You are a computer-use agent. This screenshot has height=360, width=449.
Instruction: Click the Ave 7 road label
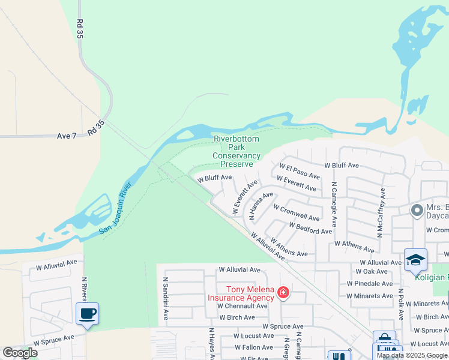pos(67,136)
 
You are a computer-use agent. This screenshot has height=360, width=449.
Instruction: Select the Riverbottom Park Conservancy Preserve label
pos(237,151)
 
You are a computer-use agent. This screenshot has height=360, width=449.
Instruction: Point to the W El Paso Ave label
pos(300,172)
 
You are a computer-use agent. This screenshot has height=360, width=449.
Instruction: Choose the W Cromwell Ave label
pos(296,212)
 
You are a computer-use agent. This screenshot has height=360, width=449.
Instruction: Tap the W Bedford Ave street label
pos(310,229)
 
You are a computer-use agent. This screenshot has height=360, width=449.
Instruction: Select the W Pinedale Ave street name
pos(370,284)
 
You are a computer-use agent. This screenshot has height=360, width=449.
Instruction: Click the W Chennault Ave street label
pos(243,306)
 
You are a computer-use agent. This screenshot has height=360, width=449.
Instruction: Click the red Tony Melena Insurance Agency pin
pos(283,293)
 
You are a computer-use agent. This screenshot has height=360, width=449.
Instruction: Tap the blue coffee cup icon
pos(87,313)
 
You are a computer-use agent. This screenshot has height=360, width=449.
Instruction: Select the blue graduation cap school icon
pos(415,259)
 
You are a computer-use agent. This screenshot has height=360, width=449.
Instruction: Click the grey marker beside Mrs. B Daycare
pos(416,211)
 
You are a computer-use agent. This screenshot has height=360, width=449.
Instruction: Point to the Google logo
pos(20,353)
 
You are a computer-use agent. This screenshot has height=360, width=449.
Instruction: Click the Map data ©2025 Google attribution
pos(411,355)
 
